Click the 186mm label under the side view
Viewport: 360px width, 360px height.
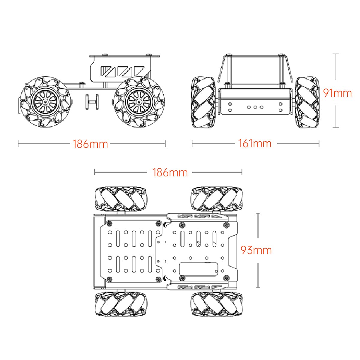[90, 144]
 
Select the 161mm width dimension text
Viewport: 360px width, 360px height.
[255, 143]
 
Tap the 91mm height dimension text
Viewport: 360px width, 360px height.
[337, 93]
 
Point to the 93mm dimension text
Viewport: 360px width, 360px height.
[256, 250]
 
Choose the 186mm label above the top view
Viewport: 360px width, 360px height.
[170, 172]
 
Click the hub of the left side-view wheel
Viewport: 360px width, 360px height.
[45, 102]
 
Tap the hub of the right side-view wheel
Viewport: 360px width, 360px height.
[139, 102]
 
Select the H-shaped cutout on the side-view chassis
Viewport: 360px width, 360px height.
[92, 102]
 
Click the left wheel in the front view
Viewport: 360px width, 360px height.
[203, 102]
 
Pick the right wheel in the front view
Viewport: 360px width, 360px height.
[307, 102]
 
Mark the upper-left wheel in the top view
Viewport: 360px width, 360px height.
[121, 198]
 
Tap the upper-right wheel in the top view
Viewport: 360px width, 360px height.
[217, 198]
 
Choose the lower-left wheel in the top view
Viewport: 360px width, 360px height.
[121, 304]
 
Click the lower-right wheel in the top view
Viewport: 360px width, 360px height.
[217, 304]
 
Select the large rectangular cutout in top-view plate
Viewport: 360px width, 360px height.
[198, 268]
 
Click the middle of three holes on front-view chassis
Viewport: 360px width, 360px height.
[255, 107]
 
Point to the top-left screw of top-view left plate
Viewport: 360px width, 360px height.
[110, 223]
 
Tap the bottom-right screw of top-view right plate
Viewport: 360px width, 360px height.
[226, 277]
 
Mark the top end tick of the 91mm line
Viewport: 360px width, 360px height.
[336, 54]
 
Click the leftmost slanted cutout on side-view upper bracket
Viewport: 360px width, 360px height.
[107, 71]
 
